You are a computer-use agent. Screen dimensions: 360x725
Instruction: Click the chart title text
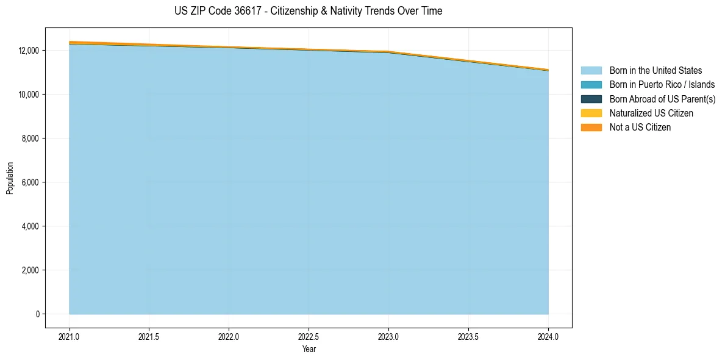coord(308,11)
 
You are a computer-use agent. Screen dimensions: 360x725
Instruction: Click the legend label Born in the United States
coord(655,71)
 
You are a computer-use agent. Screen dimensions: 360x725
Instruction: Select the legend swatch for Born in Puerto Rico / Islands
coord(591,85)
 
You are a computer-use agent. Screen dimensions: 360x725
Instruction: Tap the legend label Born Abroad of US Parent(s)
coord(662,99)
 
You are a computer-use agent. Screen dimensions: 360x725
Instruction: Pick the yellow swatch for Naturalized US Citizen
coord(591,113)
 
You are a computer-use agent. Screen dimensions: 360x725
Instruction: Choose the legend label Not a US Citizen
coord(640,128)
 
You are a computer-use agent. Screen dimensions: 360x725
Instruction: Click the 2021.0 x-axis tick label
coord(69,336)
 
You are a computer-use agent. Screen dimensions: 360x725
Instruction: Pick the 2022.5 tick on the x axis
coord(309,336)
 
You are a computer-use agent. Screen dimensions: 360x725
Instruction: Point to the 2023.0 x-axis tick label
coord(388,336)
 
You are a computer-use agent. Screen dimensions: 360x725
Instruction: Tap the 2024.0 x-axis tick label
coord(548,336)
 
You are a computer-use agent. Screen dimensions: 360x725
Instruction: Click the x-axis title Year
coord(309,349)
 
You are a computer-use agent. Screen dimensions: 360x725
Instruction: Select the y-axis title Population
coord(10,178)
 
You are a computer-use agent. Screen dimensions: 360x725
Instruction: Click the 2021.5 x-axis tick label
coord(149,336)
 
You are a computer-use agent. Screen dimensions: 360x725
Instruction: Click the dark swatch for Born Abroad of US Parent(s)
coord(591,99)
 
